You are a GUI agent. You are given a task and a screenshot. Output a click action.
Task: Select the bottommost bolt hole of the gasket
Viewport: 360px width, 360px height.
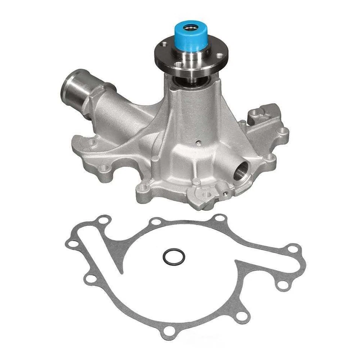coord(170,331)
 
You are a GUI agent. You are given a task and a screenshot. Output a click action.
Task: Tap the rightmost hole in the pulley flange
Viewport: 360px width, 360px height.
coord(219,56)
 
